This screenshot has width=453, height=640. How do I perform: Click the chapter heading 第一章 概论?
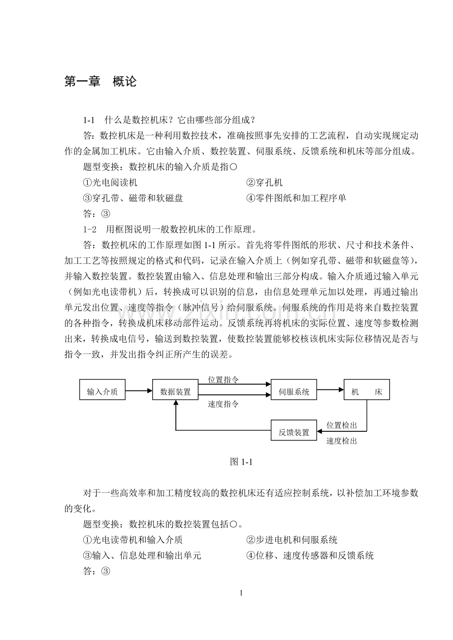(100, 82)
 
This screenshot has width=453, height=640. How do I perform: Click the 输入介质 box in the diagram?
(102, 392)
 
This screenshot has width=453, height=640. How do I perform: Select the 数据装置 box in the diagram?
(175, 392)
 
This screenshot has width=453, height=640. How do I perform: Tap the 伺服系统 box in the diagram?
(294, 392)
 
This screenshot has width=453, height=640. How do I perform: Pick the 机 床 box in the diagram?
(366, 392)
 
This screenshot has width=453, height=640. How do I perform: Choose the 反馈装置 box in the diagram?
(294, 432)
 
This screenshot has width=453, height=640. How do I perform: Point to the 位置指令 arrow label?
(223, 380)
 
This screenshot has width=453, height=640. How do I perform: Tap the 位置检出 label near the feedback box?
(342, 425)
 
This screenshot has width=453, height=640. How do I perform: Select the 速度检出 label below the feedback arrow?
(342, 441)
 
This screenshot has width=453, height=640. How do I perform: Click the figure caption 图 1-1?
(241, 462)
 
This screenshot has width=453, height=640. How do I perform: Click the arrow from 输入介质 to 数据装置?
(139, 391)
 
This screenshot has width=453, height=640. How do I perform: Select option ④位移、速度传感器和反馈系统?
(310, 556)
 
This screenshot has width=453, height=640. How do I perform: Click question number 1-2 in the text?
(89, 229)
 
